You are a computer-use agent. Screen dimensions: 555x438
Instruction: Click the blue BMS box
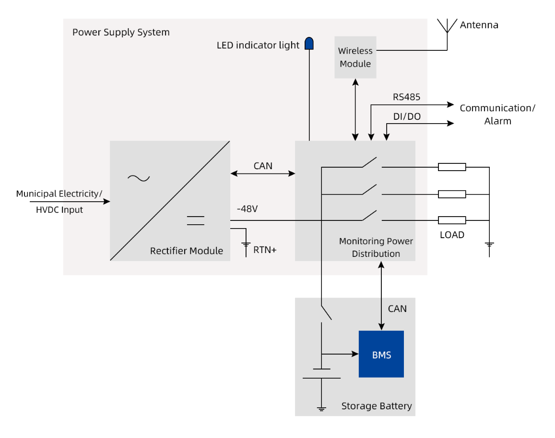point(381,354)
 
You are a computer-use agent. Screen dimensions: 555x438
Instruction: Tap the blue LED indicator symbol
point(309,43)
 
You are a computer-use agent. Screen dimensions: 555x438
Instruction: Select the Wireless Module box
point(355,57)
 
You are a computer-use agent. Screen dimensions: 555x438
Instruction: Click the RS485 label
point(406,97)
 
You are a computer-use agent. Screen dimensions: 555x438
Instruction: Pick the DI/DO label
point(407,116)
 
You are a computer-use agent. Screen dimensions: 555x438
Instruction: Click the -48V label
point(247,209)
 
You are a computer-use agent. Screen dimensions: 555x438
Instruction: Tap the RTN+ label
point(265,250)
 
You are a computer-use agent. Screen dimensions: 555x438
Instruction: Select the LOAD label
point(452,235)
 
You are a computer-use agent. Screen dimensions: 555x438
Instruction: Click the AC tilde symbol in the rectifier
point(139,178)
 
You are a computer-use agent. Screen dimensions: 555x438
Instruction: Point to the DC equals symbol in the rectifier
point(195,220)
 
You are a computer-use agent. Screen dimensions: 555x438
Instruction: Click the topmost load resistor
point(452,167)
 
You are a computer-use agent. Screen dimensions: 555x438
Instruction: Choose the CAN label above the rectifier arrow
point(263,166)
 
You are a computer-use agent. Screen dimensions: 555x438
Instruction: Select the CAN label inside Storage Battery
point(397,309)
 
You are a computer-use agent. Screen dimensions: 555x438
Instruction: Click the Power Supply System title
point(121,32)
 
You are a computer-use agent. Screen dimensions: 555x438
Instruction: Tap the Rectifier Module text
point(187,251)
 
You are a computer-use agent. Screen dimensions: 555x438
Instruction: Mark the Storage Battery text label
point(377,406)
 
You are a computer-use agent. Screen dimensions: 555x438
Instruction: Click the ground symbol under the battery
point(321,409)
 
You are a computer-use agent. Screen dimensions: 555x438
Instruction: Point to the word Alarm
point(497,121)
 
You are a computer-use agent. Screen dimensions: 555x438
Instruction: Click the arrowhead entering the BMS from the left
point(355,354)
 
